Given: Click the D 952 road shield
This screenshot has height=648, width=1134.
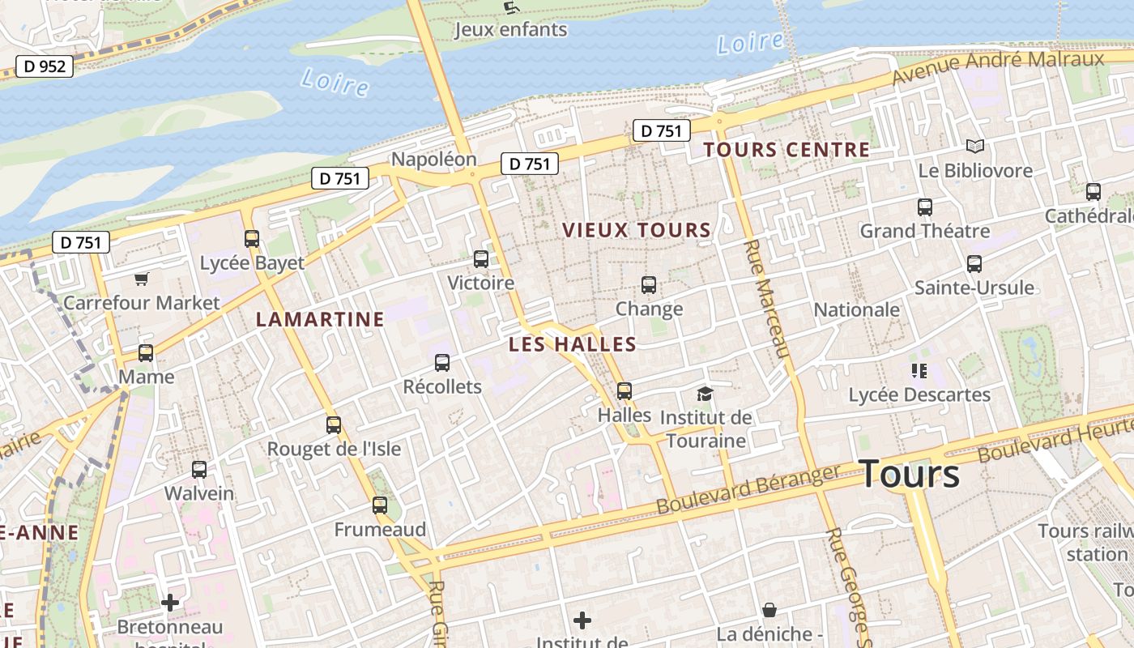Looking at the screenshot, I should (45, 66).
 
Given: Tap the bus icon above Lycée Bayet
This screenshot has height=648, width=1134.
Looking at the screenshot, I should (252, 239).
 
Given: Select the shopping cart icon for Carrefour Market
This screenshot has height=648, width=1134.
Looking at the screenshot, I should (142, 279).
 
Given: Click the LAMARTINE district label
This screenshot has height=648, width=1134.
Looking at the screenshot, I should (320, 319).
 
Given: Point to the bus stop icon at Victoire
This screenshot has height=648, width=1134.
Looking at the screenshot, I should (481, 259).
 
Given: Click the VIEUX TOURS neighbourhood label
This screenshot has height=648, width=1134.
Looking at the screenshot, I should (637, 230).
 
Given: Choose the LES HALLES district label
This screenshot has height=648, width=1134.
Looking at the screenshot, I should (572, 344).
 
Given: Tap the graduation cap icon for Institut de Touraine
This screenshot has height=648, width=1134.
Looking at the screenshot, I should (705, 394).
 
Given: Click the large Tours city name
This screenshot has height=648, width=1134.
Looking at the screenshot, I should (909, 474).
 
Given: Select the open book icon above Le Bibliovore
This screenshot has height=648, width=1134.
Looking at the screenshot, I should (975, 147).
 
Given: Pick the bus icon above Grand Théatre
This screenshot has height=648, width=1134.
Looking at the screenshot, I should (925, 207).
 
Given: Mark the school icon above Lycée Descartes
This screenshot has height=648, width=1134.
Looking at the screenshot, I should (919, 371).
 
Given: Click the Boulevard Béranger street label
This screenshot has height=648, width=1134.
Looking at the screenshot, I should (748, 489).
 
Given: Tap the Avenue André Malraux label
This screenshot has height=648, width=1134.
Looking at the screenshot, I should (998, 67).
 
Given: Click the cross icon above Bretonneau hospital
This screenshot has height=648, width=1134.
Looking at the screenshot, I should (170, 603).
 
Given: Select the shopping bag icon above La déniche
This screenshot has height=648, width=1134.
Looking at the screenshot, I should (769, 610).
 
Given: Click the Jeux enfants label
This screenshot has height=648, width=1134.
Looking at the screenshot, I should (510, 30).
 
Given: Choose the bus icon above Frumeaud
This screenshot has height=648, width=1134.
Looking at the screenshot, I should (380, 505).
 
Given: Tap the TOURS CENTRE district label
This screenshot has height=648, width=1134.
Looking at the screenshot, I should (786, 150).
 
